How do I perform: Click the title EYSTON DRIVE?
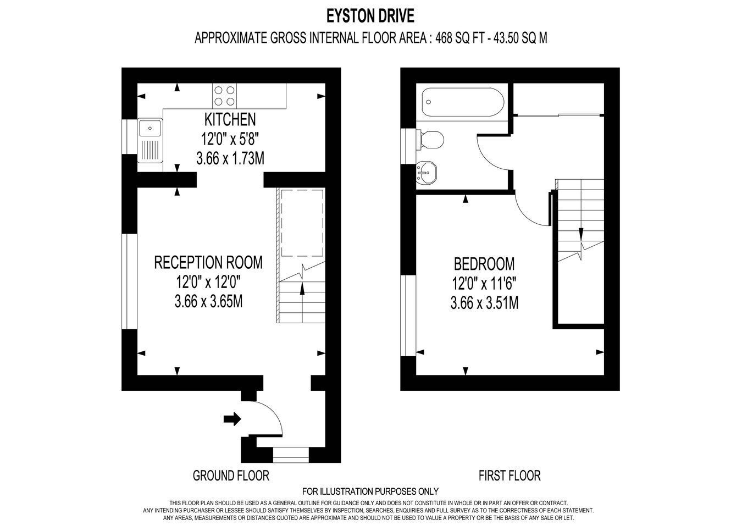(x=370, y=16)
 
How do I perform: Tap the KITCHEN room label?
(x=230, y=120)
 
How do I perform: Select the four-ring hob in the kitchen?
(x=225, y=96)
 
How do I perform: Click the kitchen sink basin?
(x=150, y=128)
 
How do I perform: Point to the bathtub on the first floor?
(x=463, y=102)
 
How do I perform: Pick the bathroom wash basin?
(x=427, y=173)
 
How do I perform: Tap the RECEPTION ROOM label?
(x=208, y=262)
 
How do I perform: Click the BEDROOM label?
(x=484, y=264)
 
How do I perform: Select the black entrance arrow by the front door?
(x=232, y=419)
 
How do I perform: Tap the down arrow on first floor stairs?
(x=581, y=234)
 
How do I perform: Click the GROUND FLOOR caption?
(x=231, y=476)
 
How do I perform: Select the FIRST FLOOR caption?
(x=510, y=476)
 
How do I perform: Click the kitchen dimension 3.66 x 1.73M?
(x=230, y=159)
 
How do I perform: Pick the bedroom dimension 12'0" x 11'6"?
(x=484, y=284)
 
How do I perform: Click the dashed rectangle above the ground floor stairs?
(x=302, y=223)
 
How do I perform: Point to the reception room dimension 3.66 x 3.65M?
(x=208, y=301)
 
